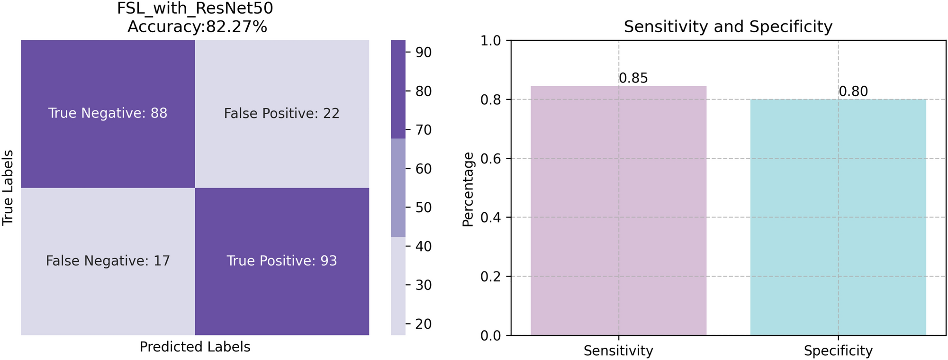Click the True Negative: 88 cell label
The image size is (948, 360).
pos(108,113)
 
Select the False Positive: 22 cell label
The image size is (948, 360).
pos(281,114)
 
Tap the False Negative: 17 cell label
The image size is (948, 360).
pos(108,261)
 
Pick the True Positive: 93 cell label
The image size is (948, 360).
pos(281,261)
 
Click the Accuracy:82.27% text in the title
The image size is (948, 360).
pos(197,27)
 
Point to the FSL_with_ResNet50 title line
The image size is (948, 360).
pos(195,9)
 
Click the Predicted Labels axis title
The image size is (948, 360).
pos(195,347)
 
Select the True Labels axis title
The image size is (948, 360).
pos(8,188)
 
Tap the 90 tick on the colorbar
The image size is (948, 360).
pos(423,52)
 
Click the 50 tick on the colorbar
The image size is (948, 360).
pos(423,207)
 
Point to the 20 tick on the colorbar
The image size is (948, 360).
pos(423,324)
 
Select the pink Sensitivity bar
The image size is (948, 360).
pos(618,213)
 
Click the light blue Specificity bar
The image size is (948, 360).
pos(838,218)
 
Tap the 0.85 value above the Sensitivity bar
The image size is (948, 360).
pos(633,79)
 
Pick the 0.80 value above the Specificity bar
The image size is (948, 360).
pos(853,91)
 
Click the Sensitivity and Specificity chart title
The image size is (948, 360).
pos(728,27)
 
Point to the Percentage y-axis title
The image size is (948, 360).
pos(468,189)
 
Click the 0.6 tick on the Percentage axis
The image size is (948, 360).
pos(490,159)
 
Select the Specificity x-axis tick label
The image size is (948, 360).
pos(838,351)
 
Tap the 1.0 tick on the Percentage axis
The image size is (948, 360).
pos(490,41)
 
